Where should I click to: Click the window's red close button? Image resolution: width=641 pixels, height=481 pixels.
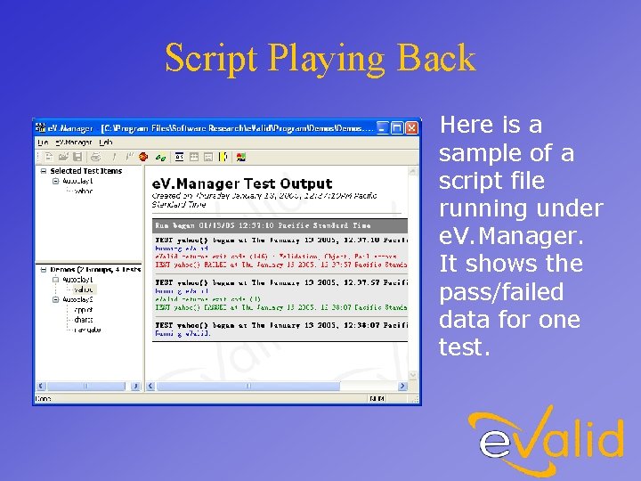(412, 128)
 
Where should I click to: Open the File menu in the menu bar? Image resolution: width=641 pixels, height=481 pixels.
(42, 143)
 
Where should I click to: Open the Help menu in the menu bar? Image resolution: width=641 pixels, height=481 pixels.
(106, 143)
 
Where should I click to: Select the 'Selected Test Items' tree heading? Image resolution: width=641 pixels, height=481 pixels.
(86, 171)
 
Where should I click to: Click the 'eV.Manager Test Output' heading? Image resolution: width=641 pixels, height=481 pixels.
(242, 183)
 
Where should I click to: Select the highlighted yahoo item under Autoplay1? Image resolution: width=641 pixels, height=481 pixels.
(83, 289)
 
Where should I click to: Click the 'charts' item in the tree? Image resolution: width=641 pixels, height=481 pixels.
(83, 320)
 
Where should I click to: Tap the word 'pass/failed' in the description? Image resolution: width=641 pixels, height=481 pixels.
(501, 292)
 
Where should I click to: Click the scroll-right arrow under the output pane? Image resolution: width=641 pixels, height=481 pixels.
(402, 386)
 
